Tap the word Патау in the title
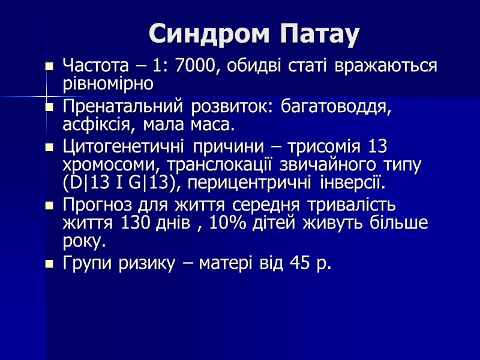[x=319, y=34]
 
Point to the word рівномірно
[x=108, y=83]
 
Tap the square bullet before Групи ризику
[x=50, y=263]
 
